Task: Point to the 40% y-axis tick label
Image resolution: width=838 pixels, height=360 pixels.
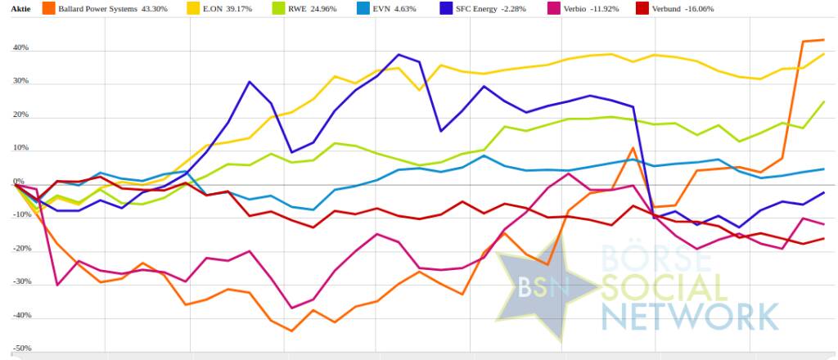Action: pos(20,48)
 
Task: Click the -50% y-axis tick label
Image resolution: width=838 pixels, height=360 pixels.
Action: pos(20,348)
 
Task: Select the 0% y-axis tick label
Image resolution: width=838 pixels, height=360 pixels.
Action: pos(19,182)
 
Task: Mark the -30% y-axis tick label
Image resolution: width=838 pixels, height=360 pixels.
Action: pos(20,281)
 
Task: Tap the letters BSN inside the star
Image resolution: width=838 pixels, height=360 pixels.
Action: pos(540,286)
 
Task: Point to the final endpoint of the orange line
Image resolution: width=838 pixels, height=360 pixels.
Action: pos(823,39)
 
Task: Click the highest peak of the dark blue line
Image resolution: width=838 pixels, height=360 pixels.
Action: pos(399,55)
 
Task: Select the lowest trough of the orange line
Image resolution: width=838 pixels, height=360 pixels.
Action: pos(292,331)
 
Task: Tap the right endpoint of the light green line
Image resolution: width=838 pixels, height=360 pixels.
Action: pos(823,101)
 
